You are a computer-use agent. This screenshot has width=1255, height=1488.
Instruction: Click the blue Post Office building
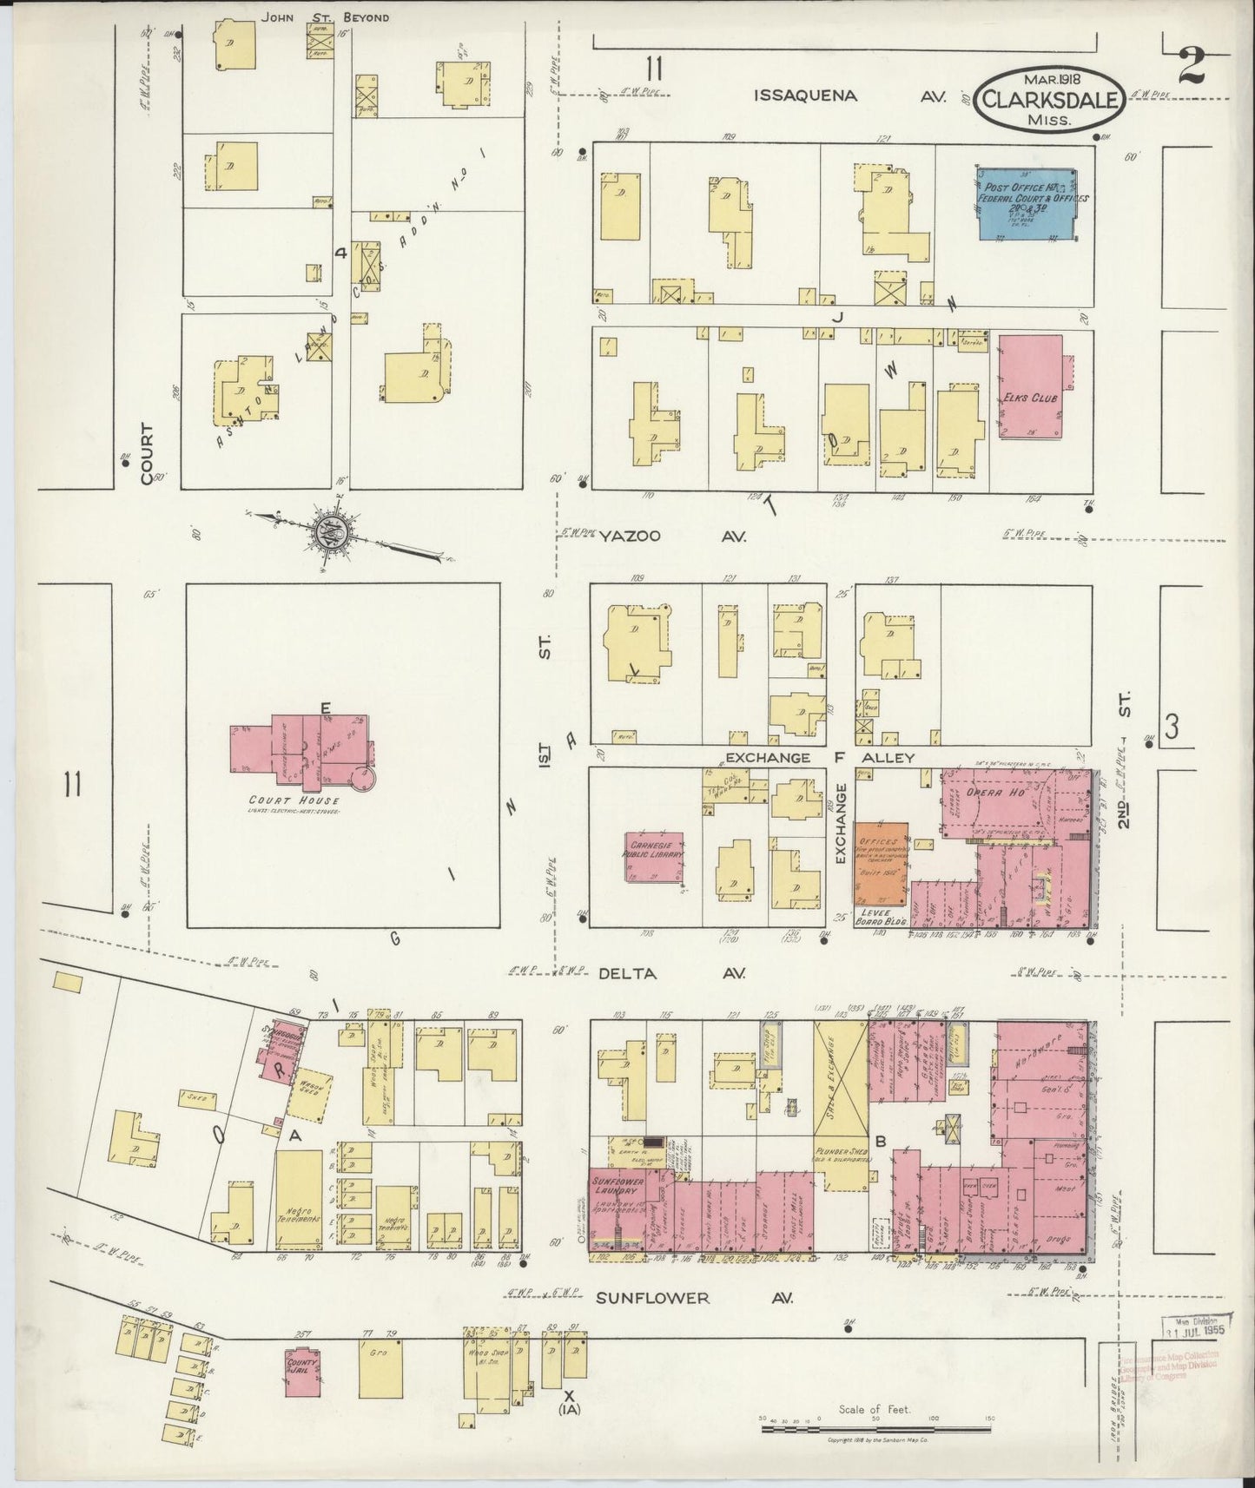(1026, 202)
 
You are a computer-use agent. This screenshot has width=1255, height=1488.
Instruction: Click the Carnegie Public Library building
(653, 856)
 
